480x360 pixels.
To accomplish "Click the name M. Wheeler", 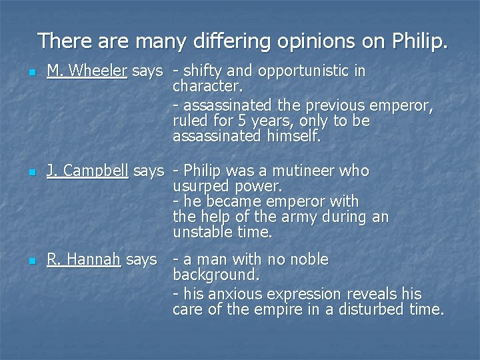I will [x=87, y=71].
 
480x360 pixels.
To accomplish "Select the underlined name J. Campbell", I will [x=87, y=171].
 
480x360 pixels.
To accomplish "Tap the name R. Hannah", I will [x=83, y=259].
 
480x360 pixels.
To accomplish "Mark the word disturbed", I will [x=367, y=309].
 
